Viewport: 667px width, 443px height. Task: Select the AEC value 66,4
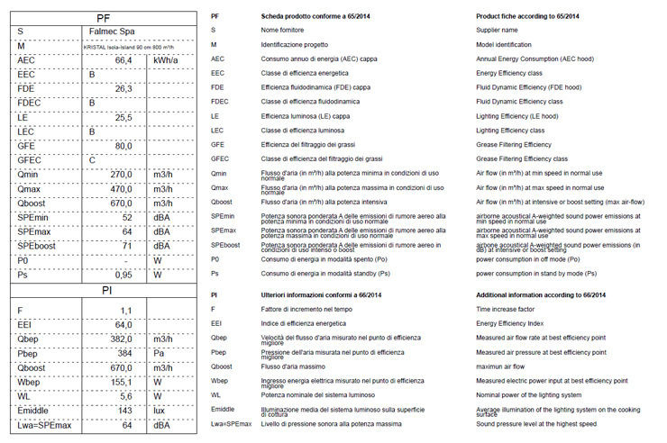point(123,60)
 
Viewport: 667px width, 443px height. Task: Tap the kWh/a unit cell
point(167,60)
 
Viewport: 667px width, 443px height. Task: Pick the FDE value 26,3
point(123,89)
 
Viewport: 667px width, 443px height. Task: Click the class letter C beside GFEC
point(92,160)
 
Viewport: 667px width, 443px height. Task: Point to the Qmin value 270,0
point(121,175)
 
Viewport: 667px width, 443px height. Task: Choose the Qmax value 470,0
point(121,189)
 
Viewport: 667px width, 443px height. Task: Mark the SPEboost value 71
point(127,246)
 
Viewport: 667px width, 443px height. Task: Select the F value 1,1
point(126,311)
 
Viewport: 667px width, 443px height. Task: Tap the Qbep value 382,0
point(121,339)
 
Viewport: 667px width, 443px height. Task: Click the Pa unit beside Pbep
point(160,354)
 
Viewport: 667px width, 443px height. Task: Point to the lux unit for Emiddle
point(160,411)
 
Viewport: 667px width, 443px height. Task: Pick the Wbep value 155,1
point(121,382)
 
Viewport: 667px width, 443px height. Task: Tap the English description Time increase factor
point(510,310)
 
